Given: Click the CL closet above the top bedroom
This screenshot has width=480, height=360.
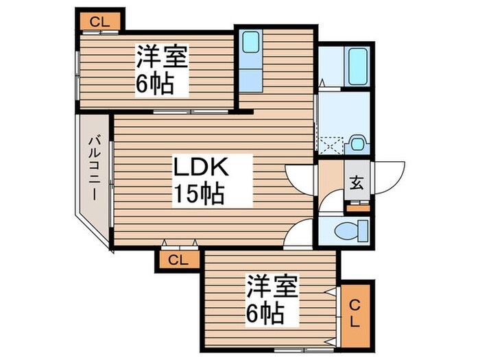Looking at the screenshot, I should (x=99, y=21).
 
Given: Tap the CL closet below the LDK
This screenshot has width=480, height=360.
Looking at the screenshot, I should (x=178, y=260).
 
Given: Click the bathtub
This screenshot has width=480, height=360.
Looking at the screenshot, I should (x=357, y=67).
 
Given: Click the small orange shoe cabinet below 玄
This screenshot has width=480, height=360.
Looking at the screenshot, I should (x=357, y=203).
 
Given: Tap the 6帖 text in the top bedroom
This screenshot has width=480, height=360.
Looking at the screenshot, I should (x=154, y=85).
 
